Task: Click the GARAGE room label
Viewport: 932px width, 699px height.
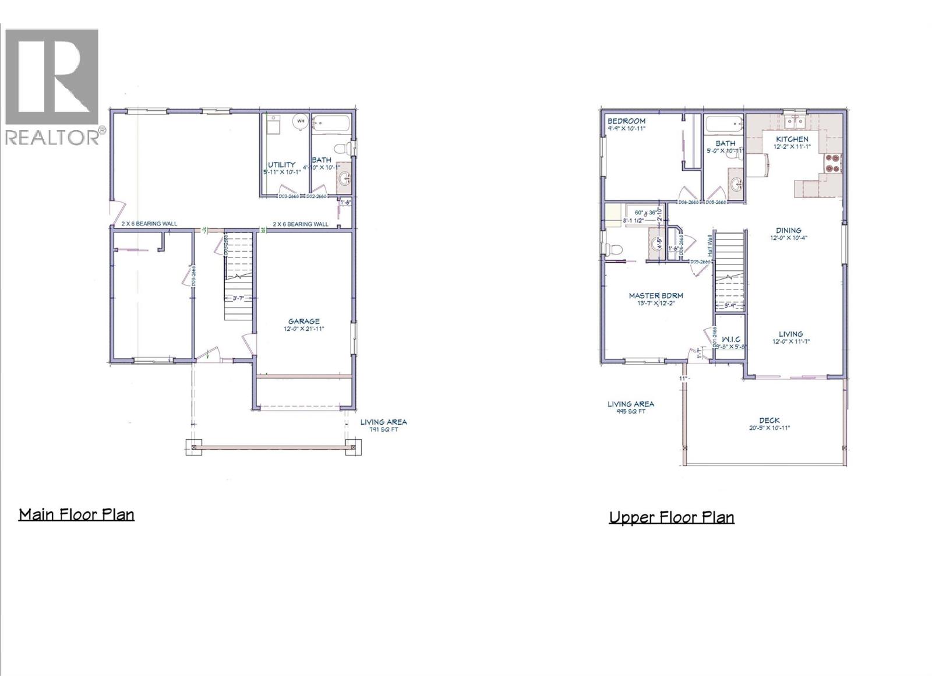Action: [x=303, y=321]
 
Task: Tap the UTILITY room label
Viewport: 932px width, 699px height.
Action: [x=281, y=165]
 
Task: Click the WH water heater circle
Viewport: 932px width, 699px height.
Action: [x=301, y=121]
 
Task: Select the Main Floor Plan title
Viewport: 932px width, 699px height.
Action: [x=76, y=514]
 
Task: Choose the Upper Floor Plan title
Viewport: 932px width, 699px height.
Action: [x=671, y=517]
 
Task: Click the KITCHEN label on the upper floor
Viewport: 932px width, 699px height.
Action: [x=792, y=139]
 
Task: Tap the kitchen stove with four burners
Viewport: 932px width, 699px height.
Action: [x=831, y=163]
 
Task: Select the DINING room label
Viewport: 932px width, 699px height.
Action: [x=789, y=230]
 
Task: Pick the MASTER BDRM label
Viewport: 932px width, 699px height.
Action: [x=655, y=295]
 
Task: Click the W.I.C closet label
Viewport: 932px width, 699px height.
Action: [x=730, y=338]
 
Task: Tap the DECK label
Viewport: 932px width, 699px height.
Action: [x=769, y=420]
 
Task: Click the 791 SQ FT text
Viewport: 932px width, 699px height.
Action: [x=383, y=430]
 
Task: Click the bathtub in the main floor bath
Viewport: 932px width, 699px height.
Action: [x=331, y=123]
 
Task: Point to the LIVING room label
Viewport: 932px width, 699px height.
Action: [x=790, y=334]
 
